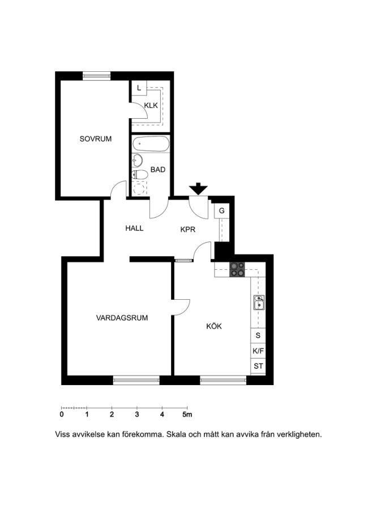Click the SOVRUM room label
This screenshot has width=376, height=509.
[96, 139]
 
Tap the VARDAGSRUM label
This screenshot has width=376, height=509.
[122, 318]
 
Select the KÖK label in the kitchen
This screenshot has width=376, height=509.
[214, 326]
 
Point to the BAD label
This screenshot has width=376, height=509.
[158, 170]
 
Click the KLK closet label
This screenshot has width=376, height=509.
[151, 106]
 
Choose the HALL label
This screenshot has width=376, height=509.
[134, 228]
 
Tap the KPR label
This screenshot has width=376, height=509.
[188, 230]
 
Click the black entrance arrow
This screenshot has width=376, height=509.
[198, 189]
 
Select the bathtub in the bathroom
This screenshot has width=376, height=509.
[151, 144]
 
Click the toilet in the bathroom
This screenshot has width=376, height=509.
[140, 175]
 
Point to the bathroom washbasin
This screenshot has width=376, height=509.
[137, 161]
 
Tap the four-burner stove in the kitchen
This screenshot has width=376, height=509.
[237, 269]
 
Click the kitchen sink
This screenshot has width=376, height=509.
[259, 303]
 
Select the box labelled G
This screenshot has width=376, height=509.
[222, 211]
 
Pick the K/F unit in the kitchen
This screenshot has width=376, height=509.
[258, 351]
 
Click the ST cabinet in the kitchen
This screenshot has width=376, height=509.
[258, 366]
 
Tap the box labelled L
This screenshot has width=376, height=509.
[139, 88]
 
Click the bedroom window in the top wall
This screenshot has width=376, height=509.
[96, 76]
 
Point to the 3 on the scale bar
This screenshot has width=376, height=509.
[137, 415]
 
